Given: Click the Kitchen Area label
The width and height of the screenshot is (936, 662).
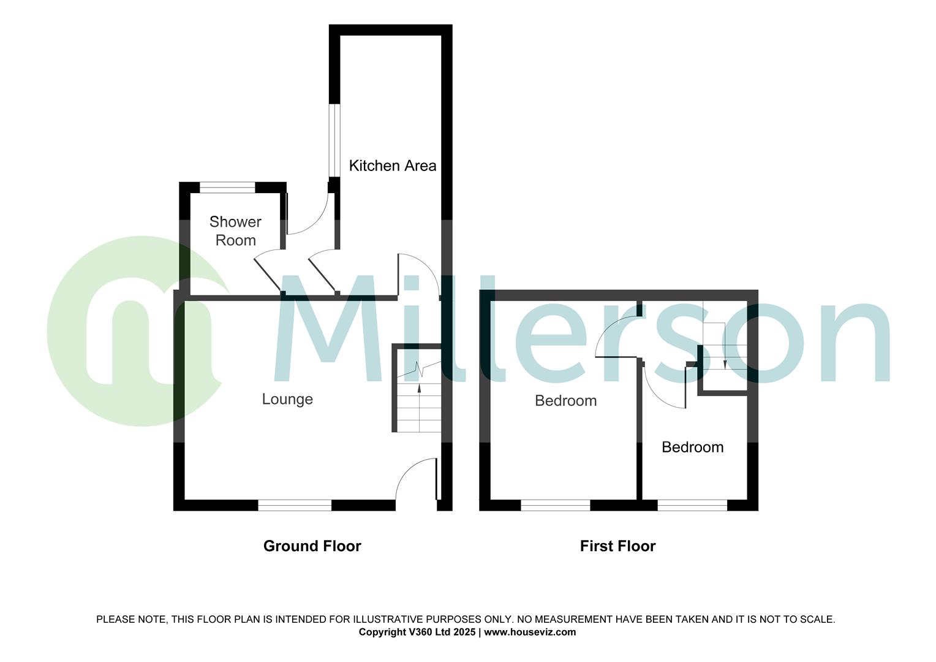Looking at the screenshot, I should click(392, 165).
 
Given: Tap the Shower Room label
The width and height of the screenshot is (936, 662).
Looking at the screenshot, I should click(235, 230).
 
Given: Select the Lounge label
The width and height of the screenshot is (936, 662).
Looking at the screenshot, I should click(287, 399).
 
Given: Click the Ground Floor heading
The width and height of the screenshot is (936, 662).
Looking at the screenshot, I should click(312, 546).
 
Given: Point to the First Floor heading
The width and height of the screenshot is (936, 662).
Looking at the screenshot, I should click(617, 546).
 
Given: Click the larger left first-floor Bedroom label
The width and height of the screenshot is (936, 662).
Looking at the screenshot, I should click(565, 400).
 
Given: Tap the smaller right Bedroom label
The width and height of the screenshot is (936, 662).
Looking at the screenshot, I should click(692, 447).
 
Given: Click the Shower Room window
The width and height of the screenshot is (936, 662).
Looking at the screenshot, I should click(228, 188).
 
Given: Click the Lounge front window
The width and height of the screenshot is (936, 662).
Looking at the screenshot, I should click(295, 505).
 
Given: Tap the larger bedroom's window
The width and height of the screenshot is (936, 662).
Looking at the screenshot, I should click(555, 505).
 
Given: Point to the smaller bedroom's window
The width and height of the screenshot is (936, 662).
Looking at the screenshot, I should click(692, 505).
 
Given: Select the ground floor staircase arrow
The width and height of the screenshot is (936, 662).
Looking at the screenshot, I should click(419, 388).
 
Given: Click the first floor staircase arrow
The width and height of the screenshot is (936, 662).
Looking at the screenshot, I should click(725, 364).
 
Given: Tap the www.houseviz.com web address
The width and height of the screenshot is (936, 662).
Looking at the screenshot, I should click(530, 632).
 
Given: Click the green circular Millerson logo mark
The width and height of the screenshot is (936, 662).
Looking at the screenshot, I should click(135, 331).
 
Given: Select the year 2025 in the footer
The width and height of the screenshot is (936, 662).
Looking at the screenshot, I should click(463, 632).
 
